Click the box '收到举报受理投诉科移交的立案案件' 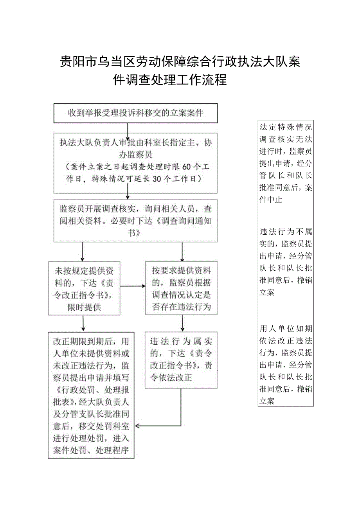point(135,113)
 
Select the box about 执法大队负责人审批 point(135,163)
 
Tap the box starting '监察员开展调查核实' point(135,221)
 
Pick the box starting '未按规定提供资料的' point(84,289)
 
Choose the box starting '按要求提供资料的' point(182,289)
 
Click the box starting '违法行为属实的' point(181,360)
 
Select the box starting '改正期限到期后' point(91,396)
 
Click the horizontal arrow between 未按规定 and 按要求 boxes point(132,286)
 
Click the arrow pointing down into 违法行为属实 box point(182,324)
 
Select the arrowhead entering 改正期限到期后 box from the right point(137,426)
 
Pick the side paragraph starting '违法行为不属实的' point(286,262)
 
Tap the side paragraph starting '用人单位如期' point(286,364)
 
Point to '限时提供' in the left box point(84,308)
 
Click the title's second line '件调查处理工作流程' point(170,80)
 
